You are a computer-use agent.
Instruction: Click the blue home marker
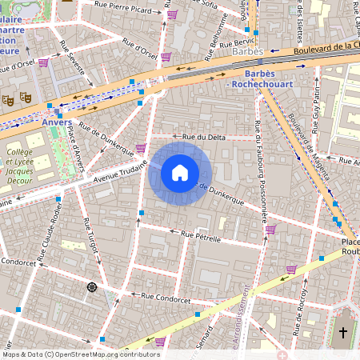[180, 174]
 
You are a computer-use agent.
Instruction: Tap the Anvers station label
[52, 122]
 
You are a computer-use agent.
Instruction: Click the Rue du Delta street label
[204, 137]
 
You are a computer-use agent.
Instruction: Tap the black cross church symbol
[344, 331]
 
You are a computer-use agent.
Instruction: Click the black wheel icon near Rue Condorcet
[92, 287]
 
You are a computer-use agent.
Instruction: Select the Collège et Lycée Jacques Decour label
[26, 164]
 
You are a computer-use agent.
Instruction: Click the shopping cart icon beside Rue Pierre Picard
[173, 14]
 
